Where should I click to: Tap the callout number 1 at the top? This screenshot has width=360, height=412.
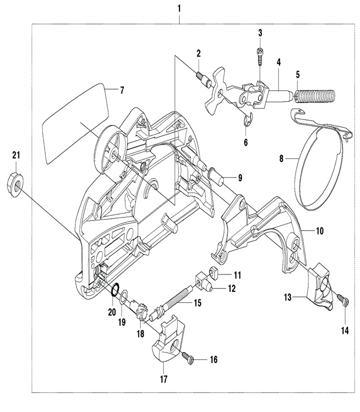point(179,8)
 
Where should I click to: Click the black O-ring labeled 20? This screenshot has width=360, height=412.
point(114,290)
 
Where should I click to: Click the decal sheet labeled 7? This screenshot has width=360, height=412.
point(75,120)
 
